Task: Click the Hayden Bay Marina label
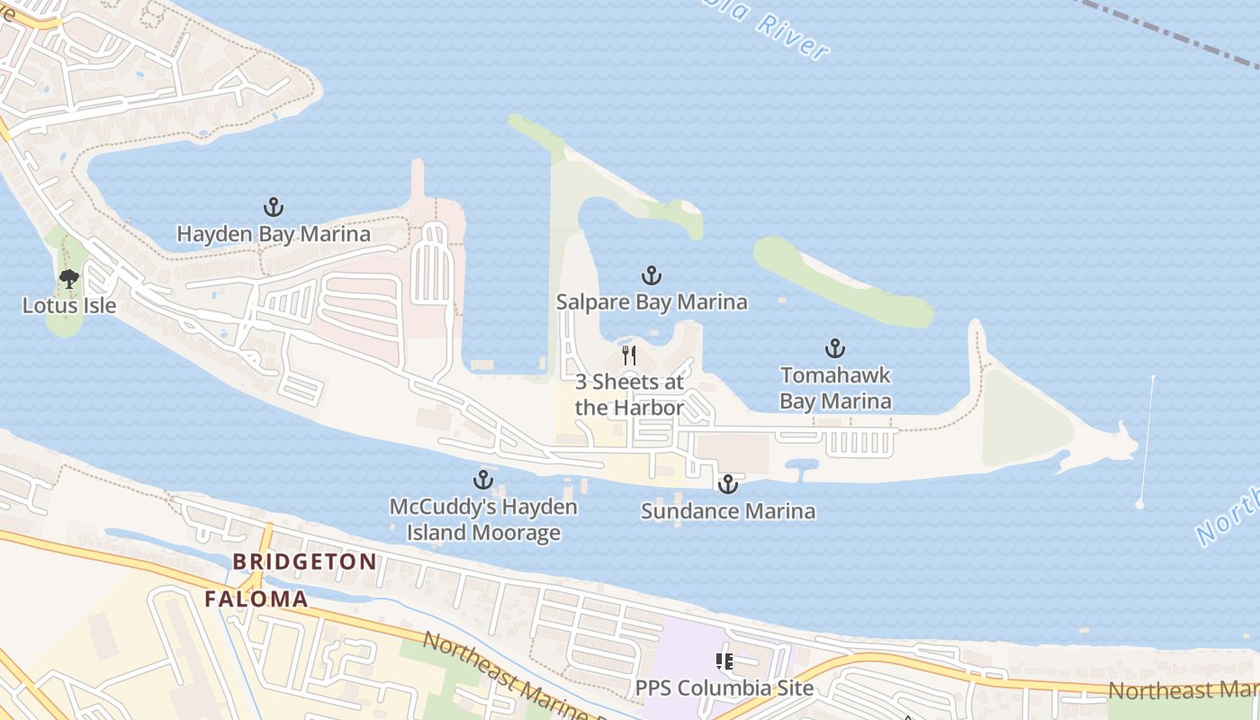(x=273, y=234)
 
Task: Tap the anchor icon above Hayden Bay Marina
(x=274, y=208)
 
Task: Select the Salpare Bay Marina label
(x=652, y=301)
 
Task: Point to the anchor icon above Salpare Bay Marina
(x=652, y=275)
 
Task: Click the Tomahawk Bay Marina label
(x=835, y=388)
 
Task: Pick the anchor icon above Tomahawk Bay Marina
(x=835, y=348)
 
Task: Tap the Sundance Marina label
(x=727, y=511)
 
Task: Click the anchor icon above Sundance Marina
(x=727, y=485)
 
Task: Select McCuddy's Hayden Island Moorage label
(x=483, y=519)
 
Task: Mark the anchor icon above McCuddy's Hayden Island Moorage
(x=483, y=480)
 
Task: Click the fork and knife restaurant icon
(x=629, y=355)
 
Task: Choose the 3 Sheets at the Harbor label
(x=629, y=394)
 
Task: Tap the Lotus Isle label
(x=69, y=305)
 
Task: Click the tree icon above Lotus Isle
(x=69, y=279)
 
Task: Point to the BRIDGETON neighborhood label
(x=305, y=562)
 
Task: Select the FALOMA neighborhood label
(x=256, y=598)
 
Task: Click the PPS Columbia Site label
(x=724, y=688)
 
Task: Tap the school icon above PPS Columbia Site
(x=724, y=662)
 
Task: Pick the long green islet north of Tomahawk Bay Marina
(x=841, y=283)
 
